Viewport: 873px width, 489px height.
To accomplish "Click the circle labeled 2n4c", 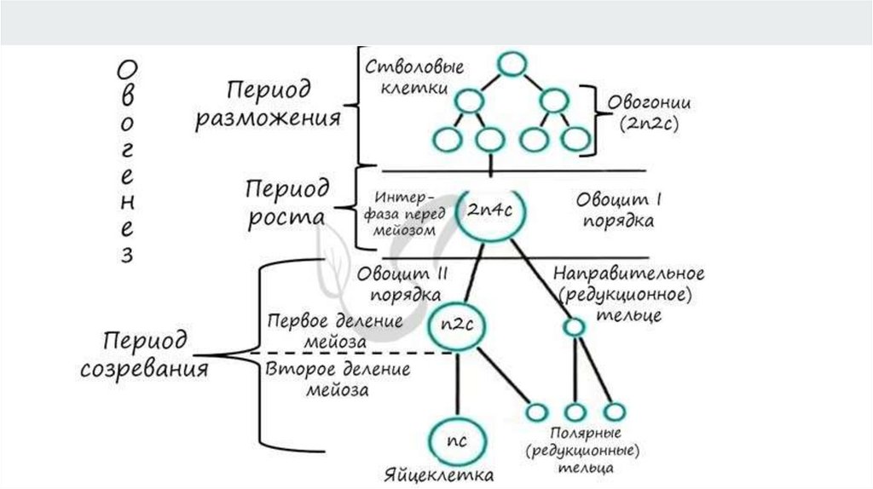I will (x=489, y=210).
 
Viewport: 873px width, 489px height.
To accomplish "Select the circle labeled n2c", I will (x=455, y=325).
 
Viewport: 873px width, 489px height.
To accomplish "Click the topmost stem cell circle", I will (x=510, y=64).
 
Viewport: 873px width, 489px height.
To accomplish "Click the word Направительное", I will (x=628, y=274).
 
